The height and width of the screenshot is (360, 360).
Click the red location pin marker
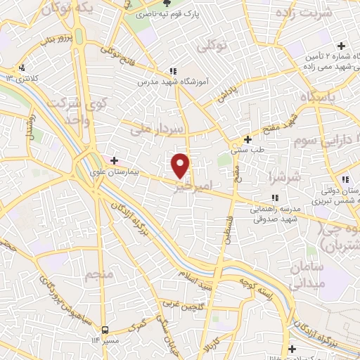(181, 165)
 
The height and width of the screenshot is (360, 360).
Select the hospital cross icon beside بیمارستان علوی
(115, 161)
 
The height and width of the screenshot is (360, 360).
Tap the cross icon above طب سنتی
(247, 139)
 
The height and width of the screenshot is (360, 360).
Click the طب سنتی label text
(247, 150)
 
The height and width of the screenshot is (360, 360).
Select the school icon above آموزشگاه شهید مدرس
(172, 71)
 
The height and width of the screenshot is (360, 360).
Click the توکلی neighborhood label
(213, 46)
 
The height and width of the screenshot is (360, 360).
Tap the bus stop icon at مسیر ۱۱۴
(105, 329)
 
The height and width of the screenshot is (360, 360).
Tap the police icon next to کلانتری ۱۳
(22, 68)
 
